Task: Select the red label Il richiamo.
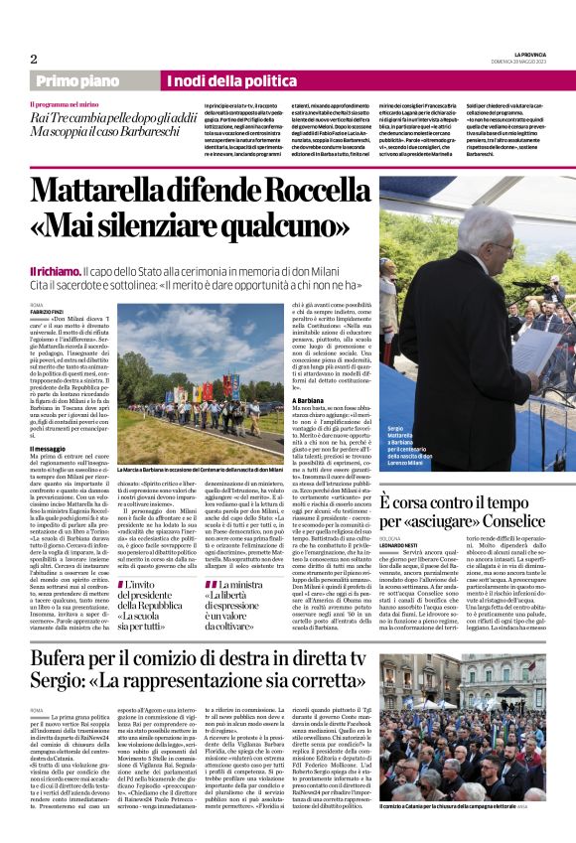click(57, 271)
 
